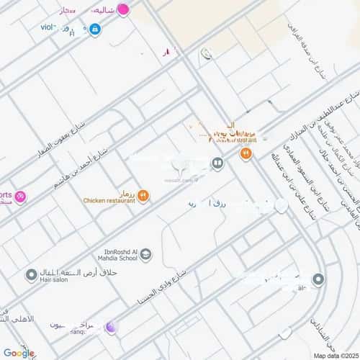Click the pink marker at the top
(123, 10)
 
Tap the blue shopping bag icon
(95, 30)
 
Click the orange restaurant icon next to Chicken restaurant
(143, 194)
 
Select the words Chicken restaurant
(109, 201)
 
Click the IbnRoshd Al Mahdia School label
(114, 256)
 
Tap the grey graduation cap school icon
(146, 253)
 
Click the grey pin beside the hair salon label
(31, 275)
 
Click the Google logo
(19, 352)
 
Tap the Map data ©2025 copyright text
(333, 355)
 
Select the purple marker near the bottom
(110, 328)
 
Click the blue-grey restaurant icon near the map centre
(217, 163)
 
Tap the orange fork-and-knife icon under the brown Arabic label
(246, 153)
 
